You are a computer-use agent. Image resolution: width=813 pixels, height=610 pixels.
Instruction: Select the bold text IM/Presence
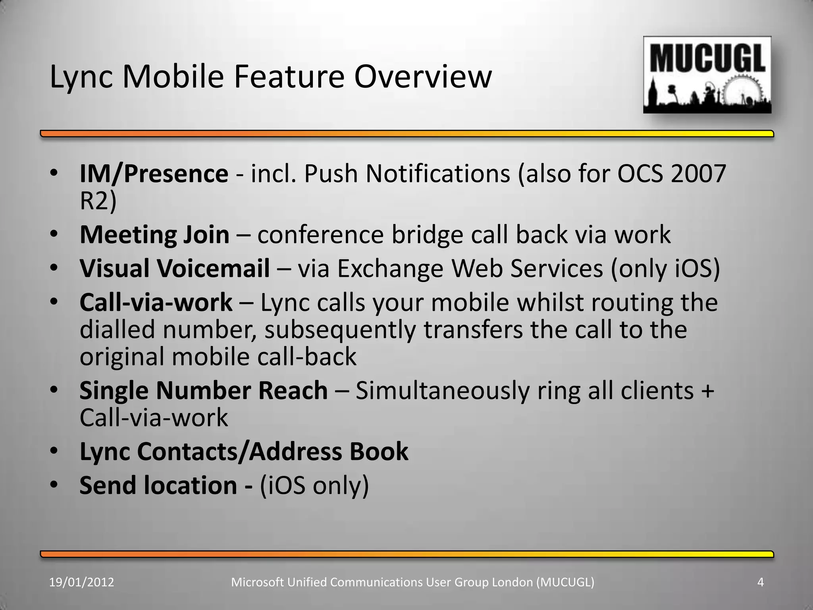pyautogui.click(x=154, y=174)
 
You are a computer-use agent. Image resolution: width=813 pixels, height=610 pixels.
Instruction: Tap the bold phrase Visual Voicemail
pyautogui.click(x=175, y=268)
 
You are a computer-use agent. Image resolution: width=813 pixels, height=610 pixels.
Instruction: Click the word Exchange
pyautogui.click(x=390, y=269)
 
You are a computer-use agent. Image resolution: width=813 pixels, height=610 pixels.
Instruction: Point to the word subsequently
pyautogui.click(x=340, y=330)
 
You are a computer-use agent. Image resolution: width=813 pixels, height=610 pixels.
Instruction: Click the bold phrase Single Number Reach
pyautogui.click(x=203, y=391)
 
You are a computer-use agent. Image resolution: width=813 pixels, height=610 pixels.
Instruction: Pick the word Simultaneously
pyautogui.click(x=442, y=391)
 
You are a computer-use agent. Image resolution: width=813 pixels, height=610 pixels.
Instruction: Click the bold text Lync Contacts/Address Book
pyautogui.click(x=244, y=452)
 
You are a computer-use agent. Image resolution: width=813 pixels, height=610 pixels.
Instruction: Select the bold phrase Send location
pyautogui.click(x=158, y=485)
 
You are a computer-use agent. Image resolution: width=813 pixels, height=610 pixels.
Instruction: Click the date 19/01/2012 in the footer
pyautogui.click(x=81, y=582)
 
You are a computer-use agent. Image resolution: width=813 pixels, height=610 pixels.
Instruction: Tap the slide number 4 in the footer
pyautogui.click(x=761, y=582)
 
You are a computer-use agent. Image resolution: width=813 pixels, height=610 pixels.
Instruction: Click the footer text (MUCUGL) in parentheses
pyautogui.click(x=565, y=582)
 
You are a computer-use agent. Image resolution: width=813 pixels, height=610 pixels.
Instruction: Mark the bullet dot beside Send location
pyautogui.click(x=54, y=484)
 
